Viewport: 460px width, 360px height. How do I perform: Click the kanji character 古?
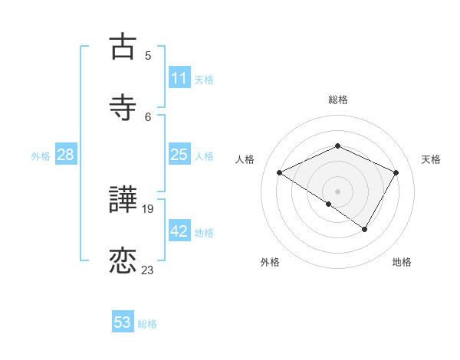(x=123, y=47)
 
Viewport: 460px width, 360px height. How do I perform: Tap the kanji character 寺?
(x=123, y=108)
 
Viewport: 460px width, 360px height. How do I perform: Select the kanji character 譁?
(x=123, y=201)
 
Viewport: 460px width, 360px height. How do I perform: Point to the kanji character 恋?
(x=123, y=261)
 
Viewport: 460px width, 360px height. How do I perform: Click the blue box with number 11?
(x=179, y=78)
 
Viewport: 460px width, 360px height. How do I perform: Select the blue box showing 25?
(x=179, y=155)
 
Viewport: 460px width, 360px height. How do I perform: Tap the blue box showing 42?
(x=179, y=231)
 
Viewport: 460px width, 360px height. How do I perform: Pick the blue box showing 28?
(x=65, y=155)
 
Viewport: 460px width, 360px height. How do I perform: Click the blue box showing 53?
(x=123, y=322)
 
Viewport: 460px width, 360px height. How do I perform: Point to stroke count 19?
(x=148, y=208)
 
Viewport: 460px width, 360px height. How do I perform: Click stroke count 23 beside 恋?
(x=148, y=270)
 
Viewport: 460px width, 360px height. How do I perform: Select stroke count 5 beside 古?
(x=148, y=56)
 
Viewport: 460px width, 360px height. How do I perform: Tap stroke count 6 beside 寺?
(x=148, y=116)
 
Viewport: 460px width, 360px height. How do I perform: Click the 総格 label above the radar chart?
(x=337, y=100)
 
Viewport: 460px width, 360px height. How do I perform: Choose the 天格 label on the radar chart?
(x=431, y=159)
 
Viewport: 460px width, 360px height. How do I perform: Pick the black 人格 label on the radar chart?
(x=245, y=159)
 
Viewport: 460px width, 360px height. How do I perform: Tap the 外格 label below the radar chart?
(x=270, y=262)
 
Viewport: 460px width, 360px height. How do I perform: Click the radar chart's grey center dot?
(x=337, y=191)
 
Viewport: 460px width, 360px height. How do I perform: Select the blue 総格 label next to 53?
(x=147, y=324)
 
